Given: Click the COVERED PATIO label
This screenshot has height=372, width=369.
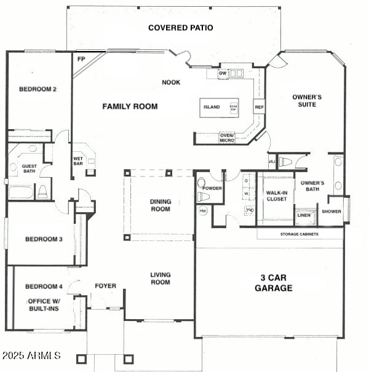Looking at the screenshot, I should [180, 28].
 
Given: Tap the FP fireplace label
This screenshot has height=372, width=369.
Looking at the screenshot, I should [81, 59].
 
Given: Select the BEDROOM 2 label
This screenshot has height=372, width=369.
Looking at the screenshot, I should [38, 89].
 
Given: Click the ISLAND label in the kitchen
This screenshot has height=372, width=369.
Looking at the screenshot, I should [211, 107].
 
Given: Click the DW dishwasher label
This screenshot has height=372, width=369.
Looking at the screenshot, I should [223, 74].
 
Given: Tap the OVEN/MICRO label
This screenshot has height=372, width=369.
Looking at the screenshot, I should [227, 138].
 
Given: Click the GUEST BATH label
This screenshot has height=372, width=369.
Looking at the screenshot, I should [30, 169].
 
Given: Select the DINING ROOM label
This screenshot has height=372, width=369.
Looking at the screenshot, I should [161, 205].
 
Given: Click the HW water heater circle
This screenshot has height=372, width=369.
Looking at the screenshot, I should [204, 210].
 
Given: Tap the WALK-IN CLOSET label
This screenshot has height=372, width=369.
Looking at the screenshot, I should [276, 196].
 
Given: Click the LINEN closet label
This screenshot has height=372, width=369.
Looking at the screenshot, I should [304, 215].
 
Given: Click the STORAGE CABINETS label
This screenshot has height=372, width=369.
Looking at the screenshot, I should [300, 234].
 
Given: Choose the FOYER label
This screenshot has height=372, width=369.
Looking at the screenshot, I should [105, 286].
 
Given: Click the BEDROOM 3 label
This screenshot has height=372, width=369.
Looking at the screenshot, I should [43, 239].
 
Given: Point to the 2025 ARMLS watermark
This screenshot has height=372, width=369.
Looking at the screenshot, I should [31, 355].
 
